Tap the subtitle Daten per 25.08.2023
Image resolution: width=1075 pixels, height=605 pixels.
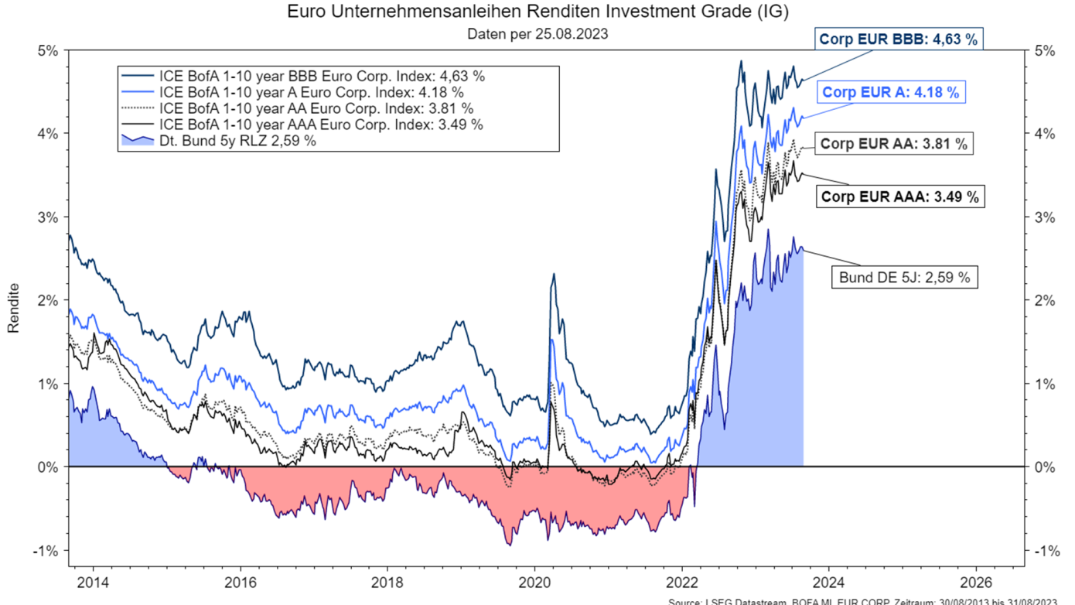537,34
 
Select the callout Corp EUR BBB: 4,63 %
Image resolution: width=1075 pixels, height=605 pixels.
898,39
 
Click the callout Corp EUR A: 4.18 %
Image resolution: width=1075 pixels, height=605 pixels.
890,92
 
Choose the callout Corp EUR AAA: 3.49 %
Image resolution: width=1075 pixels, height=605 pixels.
899,197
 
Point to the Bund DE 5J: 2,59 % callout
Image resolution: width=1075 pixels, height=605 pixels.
904,276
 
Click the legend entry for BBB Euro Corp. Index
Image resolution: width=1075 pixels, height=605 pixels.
321,77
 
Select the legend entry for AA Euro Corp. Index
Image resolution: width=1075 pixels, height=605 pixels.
316,108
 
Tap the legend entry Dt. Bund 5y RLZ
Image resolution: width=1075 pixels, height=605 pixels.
236,141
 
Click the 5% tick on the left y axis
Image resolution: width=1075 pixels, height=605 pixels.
48,50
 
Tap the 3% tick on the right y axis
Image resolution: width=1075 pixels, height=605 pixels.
1045,217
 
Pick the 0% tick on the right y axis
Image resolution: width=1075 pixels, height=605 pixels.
1045,467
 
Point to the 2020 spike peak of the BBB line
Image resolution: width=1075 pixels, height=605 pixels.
554,274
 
